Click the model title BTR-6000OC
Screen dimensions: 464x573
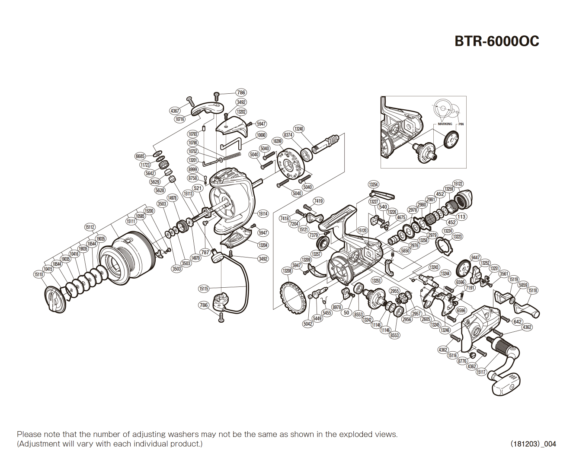pyautogui.click(x=496, y=41)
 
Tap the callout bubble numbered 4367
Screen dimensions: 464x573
pyautogui.click(x=175, y=111)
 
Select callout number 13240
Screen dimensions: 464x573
pyautogui.click(x=298, y=129)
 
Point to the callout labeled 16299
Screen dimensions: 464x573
pyautogui.click(x=277, y=141)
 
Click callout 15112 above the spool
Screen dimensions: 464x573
pyautogui.click(x=90, y=227)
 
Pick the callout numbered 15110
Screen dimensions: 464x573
pyautogui.click(x=39, y=274)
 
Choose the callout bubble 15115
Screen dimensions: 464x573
pyautogui.click(x=204, y=289)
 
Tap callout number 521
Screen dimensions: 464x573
pyautogui.click(x=198, y=188)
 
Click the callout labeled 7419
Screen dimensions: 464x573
pyautogui.click(x=318, y=201)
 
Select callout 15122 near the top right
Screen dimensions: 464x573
pyautogui.click(x=458, y=184)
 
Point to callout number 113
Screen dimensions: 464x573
pyautogui.click(x=461, y=217)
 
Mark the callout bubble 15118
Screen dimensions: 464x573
pyautogui.click(x=533, y=290)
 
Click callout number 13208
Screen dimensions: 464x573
pyautogui.click(x=287, y=271)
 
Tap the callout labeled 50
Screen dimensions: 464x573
pyautogui.click(x=346, y=313)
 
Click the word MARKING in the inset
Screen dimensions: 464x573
pyautogui.click(x=445, y=124)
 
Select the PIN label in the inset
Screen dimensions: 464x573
pyautogui.click(x=461, y=124)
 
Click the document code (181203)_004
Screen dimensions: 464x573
pyautogui.click(x=533, y=444)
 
